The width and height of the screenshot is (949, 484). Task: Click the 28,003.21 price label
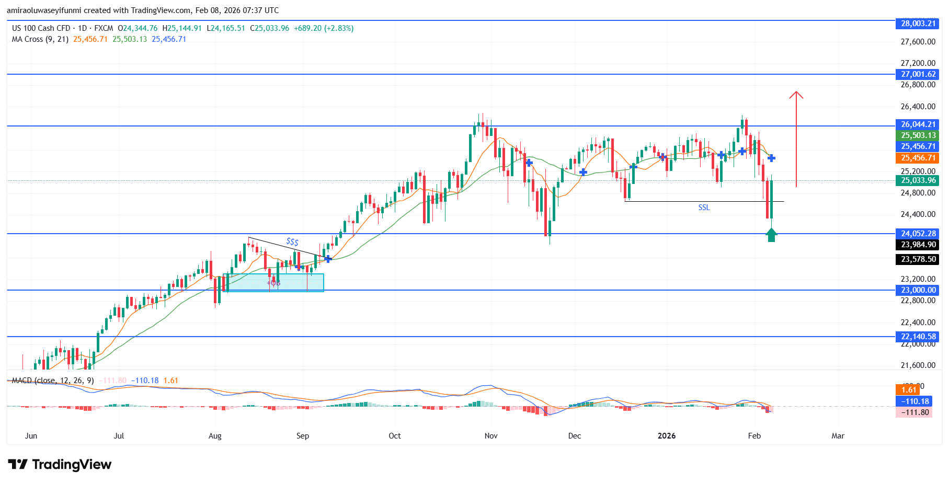918,24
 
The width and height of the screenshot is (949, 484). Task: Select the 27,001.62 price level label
918,74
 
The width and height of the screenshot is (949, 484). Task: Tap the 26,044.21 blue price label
918,124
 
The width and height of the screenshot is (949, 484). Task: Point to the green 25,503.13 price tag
918,135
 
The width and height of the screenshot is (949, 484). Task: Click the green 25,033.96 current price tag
918,180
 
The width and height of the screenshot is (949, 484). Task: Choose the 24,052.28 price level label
918,234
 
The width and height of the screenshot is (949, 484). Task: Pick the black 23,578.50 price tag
918,259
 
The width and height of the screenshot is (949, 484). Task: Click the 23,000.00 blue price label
918,290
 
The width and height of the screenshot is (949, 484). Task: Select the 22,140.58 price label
918,337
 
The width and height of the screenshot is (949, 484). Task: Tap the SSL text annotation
704,208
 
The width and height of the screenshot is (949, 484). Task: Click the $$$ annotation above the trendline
292,241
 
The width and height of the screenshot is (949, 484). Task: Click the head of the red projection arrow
796,94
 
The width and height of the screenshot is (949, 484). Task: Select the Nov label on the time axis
491,436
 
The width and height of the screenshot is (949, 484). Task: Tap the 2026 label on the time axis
666,436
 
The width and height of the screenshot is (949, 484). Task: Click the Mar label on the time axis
838,436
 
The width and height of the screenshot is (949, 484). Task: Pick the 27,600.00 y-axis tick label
918,42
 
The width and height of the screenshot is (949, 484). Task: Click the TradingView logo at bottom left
60,465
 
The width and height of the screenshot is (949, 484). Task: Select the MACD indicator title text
52,381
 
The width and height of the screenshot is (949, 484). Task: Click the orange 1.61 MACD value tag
909,390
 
